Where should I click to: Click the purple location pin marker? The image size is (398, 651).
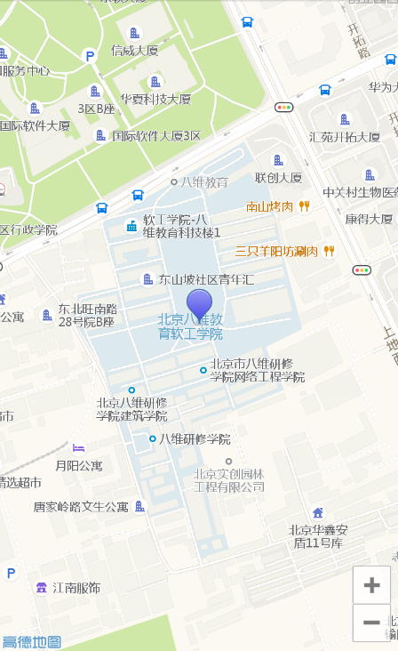[199, 305]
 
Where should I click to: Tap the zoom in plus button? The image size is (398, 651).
[371, 585]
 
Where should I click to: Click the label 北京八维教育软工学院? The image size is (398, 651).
[191, 326]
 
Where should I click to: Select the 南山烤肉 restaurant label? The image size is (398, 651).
[270, 206]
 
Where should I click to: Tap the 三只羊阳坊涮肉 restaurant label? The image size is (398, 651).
[276, 251]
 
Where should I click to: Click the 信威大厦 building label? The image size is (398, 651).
[134, 51]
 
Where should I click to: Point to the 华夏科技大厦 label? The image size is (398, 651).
[155, 99]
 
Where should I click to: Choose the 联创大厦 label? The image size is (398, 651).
[279, 177]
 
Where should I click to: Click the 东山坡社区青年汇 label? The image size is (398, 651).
[206, 279]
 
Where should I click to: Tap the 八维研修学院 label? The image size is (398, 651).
[195, 438]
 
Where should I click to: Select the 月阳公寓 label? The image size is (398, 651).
[79, 465]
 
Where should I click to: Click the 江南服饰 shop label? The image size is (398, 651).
[76, 588]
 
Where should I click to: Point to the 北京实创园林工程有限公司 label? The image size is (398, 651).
[229, 480]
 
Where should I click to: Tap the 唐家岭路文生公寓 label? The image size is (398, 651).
[81, 507]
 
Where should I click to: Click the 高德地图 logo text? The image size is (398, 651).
[31, 641]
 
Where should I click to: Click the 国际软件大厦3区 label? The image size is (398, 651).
[156, 136]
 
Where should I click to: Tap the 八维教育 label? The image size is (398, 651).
[204, 181]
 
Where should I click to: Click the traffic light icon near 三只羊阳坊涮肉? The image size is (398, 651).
[362, 269]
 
